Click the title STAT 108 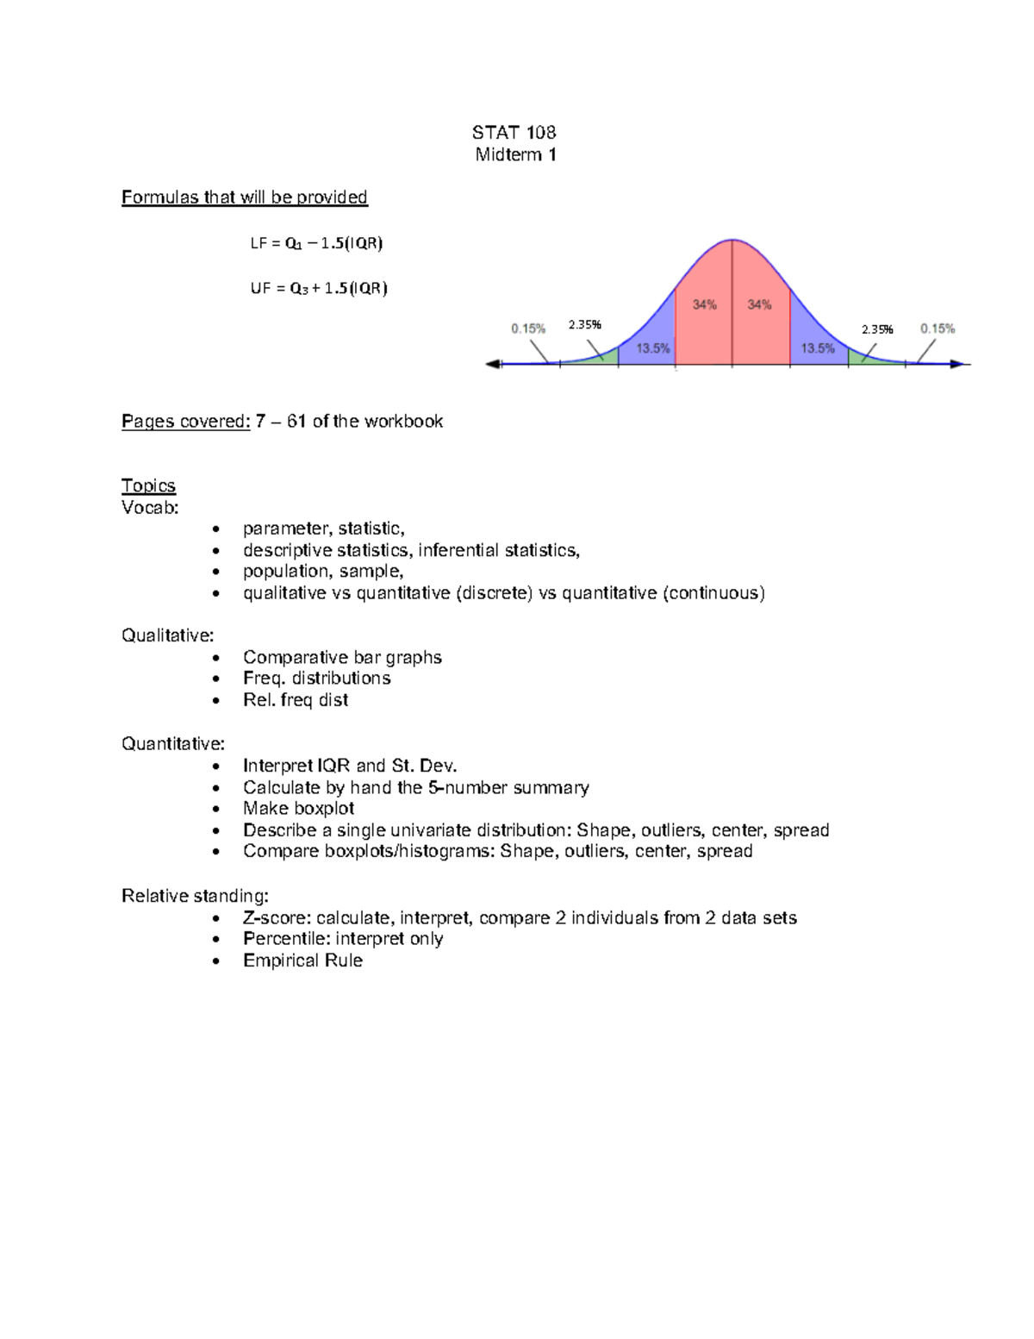[514, 132]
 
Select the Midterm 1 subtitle [515, 154]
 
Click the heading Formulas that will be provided [244, 197]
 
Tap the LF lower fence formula [316, 243]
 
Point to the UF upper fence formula [319, 289]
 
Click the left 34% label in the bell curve [704, 304]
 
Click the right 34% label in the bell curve [759, 304]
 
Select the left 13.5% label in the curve [653, 348]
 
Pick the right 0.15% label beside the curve [937, 328]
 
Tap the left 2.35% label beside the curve [584, 325]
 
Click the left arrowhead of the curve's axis [494, 365]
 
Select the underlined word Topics [148, 486]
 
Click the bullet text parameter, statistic [323, 529]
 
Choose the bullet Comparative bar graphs [342, 657]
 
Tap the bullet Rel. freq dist [296, 700]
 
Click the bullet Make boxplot [298, 809]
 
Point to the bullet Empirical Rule [302, 960]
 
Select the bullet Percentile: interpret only [343, 939]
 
